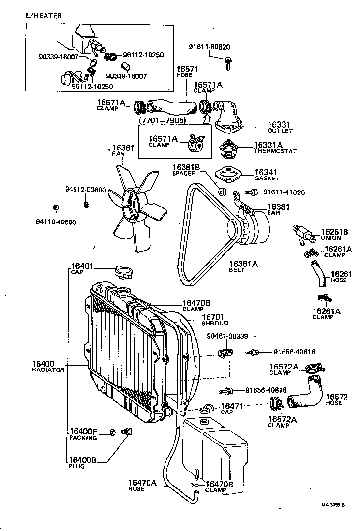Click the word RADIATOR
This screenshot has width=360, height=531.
(x=48, y=369)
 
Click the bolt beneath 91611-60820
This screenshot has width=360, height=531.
(x=227, y=63)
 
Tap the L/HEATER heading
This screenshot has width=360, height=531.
(x=44, y=15)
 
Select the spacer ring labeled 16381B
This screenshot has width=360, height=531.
(x=222, y=191)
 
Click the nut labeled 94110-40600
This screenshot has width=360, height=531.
(x=56, y=207)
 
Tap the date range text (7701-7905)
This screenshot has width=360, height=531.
(x=163, y=119)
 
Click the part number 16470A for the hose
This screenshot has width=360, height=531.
(x=143, y=482)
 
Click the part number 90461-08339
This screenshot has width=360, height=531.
(x=227, y=336)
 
